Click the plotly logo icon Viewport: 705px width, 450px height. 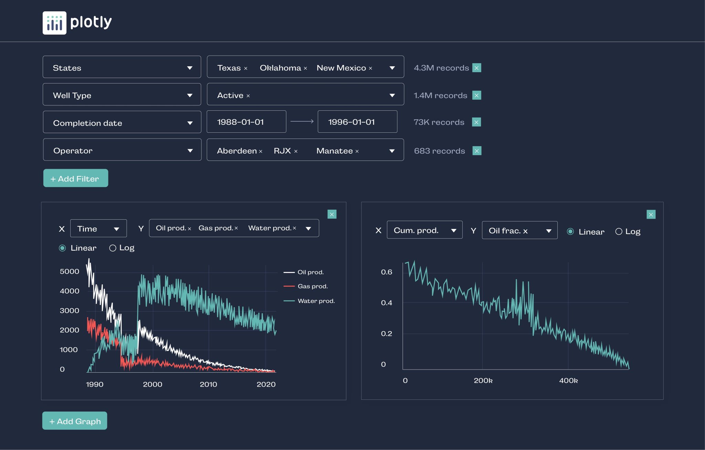(x=54, y=23)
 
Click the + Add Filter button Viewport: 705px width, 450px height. (x=76, y=178)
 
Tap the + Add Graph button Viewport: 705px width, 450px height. (x=75, y=421)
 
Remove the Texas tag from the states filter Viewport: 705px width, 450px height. (x=246, y=68)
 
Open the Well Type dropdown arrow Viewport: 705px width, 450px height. (x=190, y=95)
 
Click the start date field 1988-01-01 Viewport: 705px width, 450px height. (x=246, y=122)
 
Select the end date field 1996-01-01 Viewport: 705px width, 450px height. (x=357, y=122)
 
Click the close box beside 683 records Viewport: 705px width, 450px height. (x=477, y=151)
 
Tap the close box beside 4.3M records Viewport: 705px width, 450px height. (x=476, y=68)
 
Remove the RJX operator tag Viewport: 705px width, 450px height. (x=296, y=151)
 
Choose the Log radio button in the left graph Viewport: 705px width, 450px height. (x=113, y=248)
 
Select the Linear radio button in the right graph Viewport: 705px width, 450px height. (x=570, y=231)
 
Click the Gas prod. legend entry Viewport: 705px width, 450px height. (x=312, y=286)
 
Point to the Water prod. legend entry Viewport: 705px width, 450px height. (x=316, y=301)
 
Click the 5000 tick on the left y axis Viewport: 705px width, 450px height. (x=70, y=271)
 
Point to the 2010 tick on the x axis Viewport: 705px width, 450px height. (x=208, y=384)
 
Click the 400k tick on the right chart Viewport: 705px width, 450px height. (x=568, y=380)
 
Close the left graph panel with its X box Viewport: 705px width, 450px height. (x=332, y=215)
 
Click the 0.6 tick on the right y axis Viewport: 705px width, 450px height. (x=386, y=272)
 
